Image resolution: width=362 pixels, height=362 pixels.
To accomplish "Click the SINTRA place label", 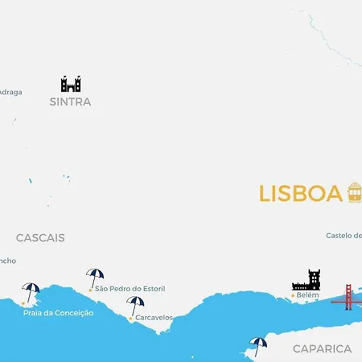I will [70, 102].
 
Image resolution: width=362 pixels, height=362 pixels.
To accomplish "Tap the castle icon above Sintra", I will [71, 84].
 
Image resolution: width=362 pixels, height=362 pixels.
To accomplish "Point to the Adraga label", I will [10, 92].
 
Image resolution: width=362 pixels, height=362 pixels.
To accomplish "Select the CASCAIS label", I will [40, 238].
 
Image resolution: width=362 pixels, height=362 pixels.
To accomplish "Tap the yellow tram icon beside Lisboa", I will [354, 192].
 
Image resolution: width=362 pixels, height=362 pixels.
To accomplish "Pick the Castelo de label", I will [344, 236].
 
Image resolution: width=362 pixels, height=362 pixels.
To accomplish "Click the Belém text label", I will [308, 296].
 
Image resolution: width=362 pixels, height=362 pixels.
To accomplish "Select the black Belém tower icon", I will [306, 280].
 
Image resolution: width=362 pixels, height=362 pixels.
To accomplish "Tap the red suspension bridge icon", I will [348, 297].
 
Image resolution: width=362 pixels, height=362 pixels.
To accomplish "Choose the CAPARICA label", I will [322, 349].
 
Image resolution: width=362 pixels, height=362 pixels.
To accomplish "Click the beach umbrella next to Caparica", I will [258, 345].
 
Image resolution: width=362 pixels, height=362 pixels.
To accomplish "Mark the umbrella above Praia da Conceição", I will [31, 291].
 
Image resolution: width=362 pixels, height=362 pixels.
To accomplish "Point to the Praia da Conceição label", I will [58, 313].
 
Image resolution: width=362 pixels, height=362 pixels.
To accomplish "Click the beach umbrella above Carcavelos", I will [135, 305].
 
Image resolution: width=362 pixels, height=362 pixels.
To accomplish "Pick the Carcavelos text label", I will [154, 318].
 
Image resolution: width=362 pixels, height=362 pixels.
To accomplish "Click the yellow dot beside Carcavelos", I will [130, 319].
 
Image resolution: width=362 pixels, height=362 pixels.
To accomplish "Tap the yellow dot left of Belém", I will [292, 296].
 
